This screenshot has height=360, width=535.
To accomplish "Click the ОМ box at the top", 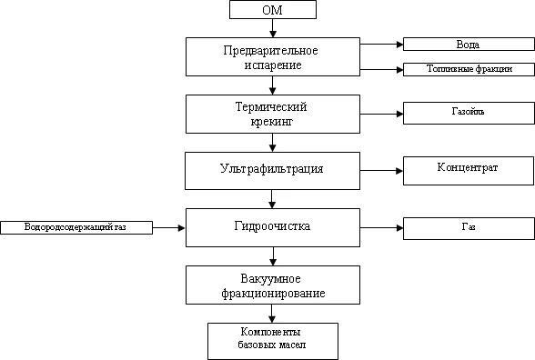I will tap(273, 10).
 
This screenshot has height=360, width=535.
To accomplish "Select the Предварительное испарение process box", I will tap(273, 56).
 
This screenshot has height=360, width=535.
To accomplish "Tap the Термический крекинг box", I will tap(273, 114).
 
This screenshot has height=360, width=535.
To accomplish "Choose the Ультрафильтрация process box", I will tap(273, 169).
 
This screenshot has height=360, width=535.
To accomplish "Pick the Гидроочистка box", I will tap(273, 225).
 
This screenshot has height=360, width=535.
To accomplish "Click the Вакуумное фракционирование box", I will tap(273, 285).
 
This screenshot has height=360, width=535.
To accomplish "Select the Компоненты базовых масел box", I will tap(273, 339).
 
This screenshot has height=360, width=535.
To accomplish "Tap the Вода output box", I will tap(468, 44).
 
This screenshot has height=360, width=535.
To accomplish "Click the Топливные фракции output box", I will tap(468, 68).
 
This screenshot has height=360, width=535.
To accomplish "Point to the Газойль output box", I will tap(468, 113).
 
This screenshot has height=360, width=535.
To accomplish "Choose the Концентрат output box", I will tap(468, 169).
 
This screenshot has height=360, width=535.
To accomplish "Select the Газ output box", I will tap(468, 226).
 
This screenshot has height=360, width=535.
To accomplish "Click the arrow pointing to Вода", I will tap(381, 44).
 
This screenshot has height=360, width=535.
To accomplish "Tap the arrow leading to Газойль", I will tap(381, 115).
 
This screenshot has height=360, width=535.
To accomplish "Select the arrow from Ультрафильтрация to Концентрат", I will tap(381, 170).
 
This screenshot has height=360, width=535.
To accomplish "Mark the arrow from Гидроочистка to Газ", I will tap(381, 227).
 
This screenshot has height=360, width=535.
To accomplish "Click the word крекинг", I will tap(273, 121).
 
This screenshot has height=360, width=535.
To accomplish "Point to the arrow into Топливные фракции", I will tap(381, 68).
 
